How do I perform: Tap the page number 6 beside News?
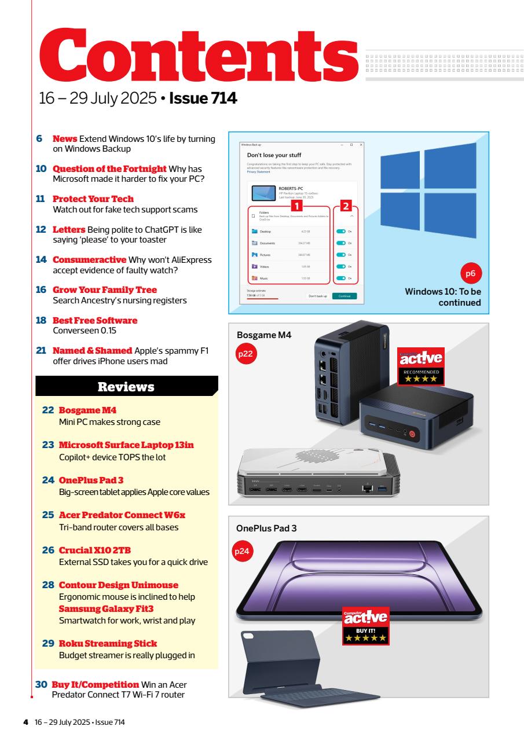pyautogui.click(x=40, y=139)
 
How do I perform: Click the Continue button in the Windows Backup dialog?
pyautogui.click(x=345, y=296)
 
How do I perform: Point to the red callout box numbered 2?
pyautogui.click(x=346, y=244)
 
